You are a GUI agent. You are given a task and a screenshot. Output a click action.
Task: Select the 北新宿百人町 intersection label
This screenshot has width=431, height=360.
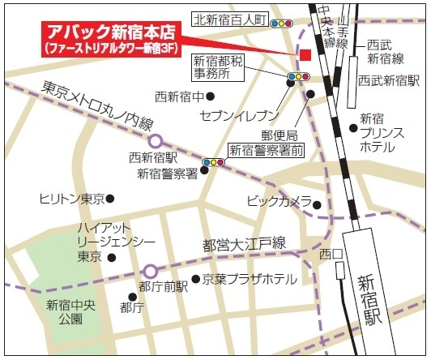pyautogui.click(x=230, y=19)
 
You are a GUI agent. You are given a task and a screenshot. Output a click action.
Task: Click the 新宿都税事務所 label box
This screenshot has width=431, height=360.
pyautogui.click(x=218, y=66)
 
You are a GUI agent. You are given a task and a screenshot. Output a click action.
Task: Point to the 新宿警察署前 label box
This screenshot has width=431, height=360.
pyautogui.click(x=267, y=149)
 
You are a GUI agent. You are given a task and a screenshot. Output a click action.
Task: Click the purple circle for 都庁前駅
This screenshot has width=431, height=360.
pyautogui.click(x=150, y=271)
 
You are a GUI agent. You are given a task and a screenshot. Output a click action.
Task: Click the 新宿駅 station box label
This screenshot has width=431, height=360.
pyautogui.click(x=369, y=300)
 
